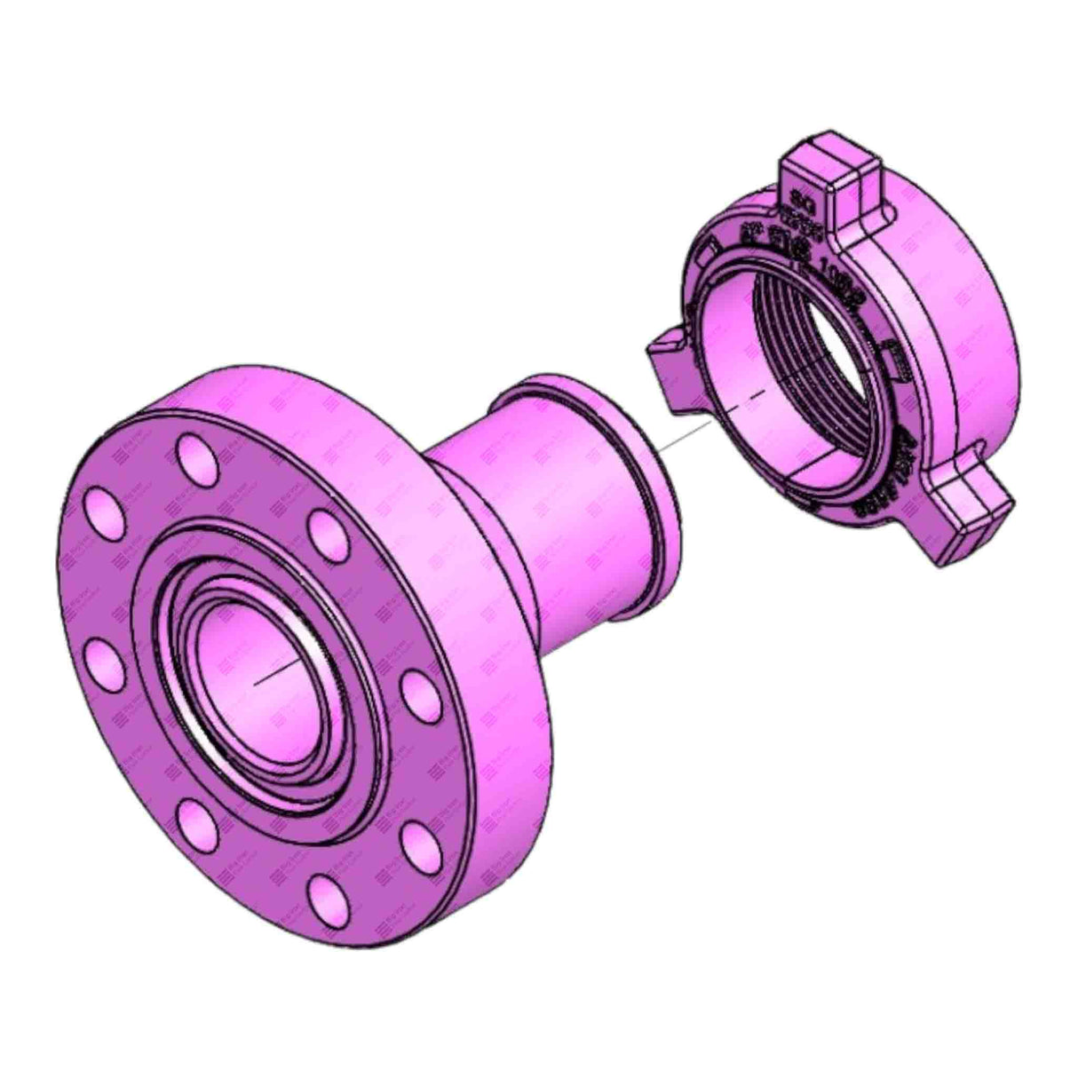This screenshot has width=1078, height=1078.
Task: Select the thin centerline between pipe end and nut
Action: coord(693,429)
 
